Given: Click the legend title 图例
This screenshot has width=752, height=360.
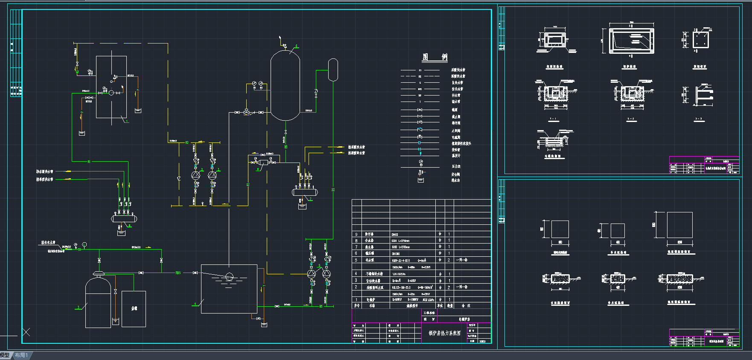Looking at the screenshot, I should click(x=434, y=57).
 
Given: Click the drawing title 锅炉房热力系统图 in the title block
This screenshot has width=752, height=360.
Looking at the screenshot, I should click(x=444, y=333).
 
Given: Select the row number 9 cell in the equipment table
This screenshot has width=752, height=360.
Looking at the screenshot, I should click(x=356, y=234).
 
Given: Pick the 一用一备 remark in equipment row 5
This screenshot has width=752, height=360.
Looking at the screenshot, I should click(x=462, y=260).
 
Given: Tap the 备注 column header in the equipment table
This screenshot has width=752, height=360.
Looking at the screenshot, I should click(x=466, y=306).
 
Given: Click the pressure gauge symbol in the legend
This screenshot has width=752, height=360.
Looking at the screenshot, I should click(x=420, y=162).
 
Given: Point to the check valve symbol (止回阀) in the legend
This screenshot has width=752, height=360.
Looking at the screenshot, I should click(x=420, y=130).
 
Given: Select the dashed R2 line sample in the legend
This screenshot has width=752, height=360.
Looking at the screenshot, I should click(x=420, y=76).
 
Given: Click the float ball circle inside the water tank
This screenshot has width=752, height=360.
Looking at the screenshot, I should click(x=229, y=276).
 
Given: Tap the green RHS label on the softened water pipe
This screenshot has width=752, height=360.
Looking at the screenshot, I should click(x=178, y=273).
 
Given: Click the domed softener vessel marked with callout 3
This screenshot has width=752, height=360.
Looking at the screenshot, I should click(x=98, y=303).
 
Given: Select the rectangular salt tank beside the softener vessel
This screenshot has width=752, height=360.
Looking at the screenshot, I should click(x=134, y=309).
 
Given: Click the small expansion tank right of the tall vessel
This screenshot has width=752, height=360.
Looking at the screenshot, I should click(x=333, y=70).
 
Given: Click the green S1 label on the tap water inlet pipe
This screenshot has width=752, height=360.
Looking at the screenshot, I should click(x=79, y=249).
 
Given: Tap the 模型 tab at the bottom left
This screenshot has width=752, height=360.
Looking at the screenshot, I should click(x=5, y=355).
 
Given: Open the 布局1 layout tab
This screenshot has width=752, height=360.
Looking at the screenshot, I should click(x=21, y=355).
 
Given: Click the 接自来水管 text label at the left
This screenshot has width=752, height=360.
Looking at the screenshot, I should click(x=48, y=243).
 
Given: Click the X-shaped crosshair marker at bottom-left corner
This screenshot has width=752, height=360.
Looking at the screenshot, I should click(x=26, y=332).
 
